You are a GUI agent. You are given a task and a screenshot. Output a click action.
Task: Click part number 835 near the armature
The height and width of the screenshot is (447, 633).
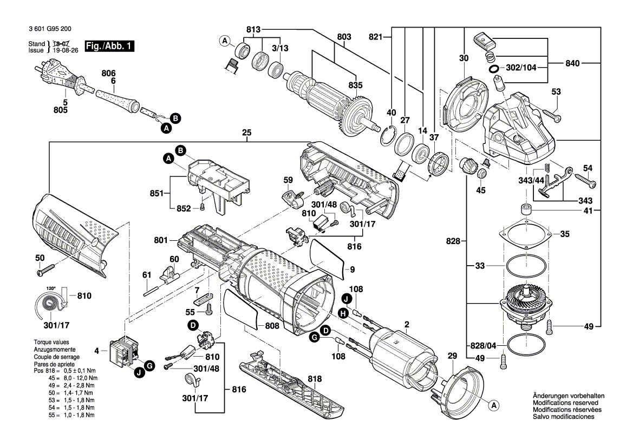(x=355, y=84)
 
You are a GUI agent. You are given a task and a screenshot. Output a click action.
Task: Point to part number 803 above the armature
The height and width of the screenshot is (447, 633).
(x=344, y=37)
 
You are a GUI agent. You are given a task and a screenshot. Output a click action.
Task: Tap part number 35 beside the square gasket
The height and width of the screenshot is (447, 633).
(x=564, y=234)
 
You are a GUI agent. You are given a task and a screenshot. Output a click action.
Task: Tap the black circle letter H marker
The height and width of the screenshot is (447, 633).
(x=343, y=313)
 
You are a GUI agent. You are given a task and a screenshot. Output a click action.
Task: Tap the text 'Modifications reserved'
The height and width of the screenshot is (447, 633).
(x=566, y=403)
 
